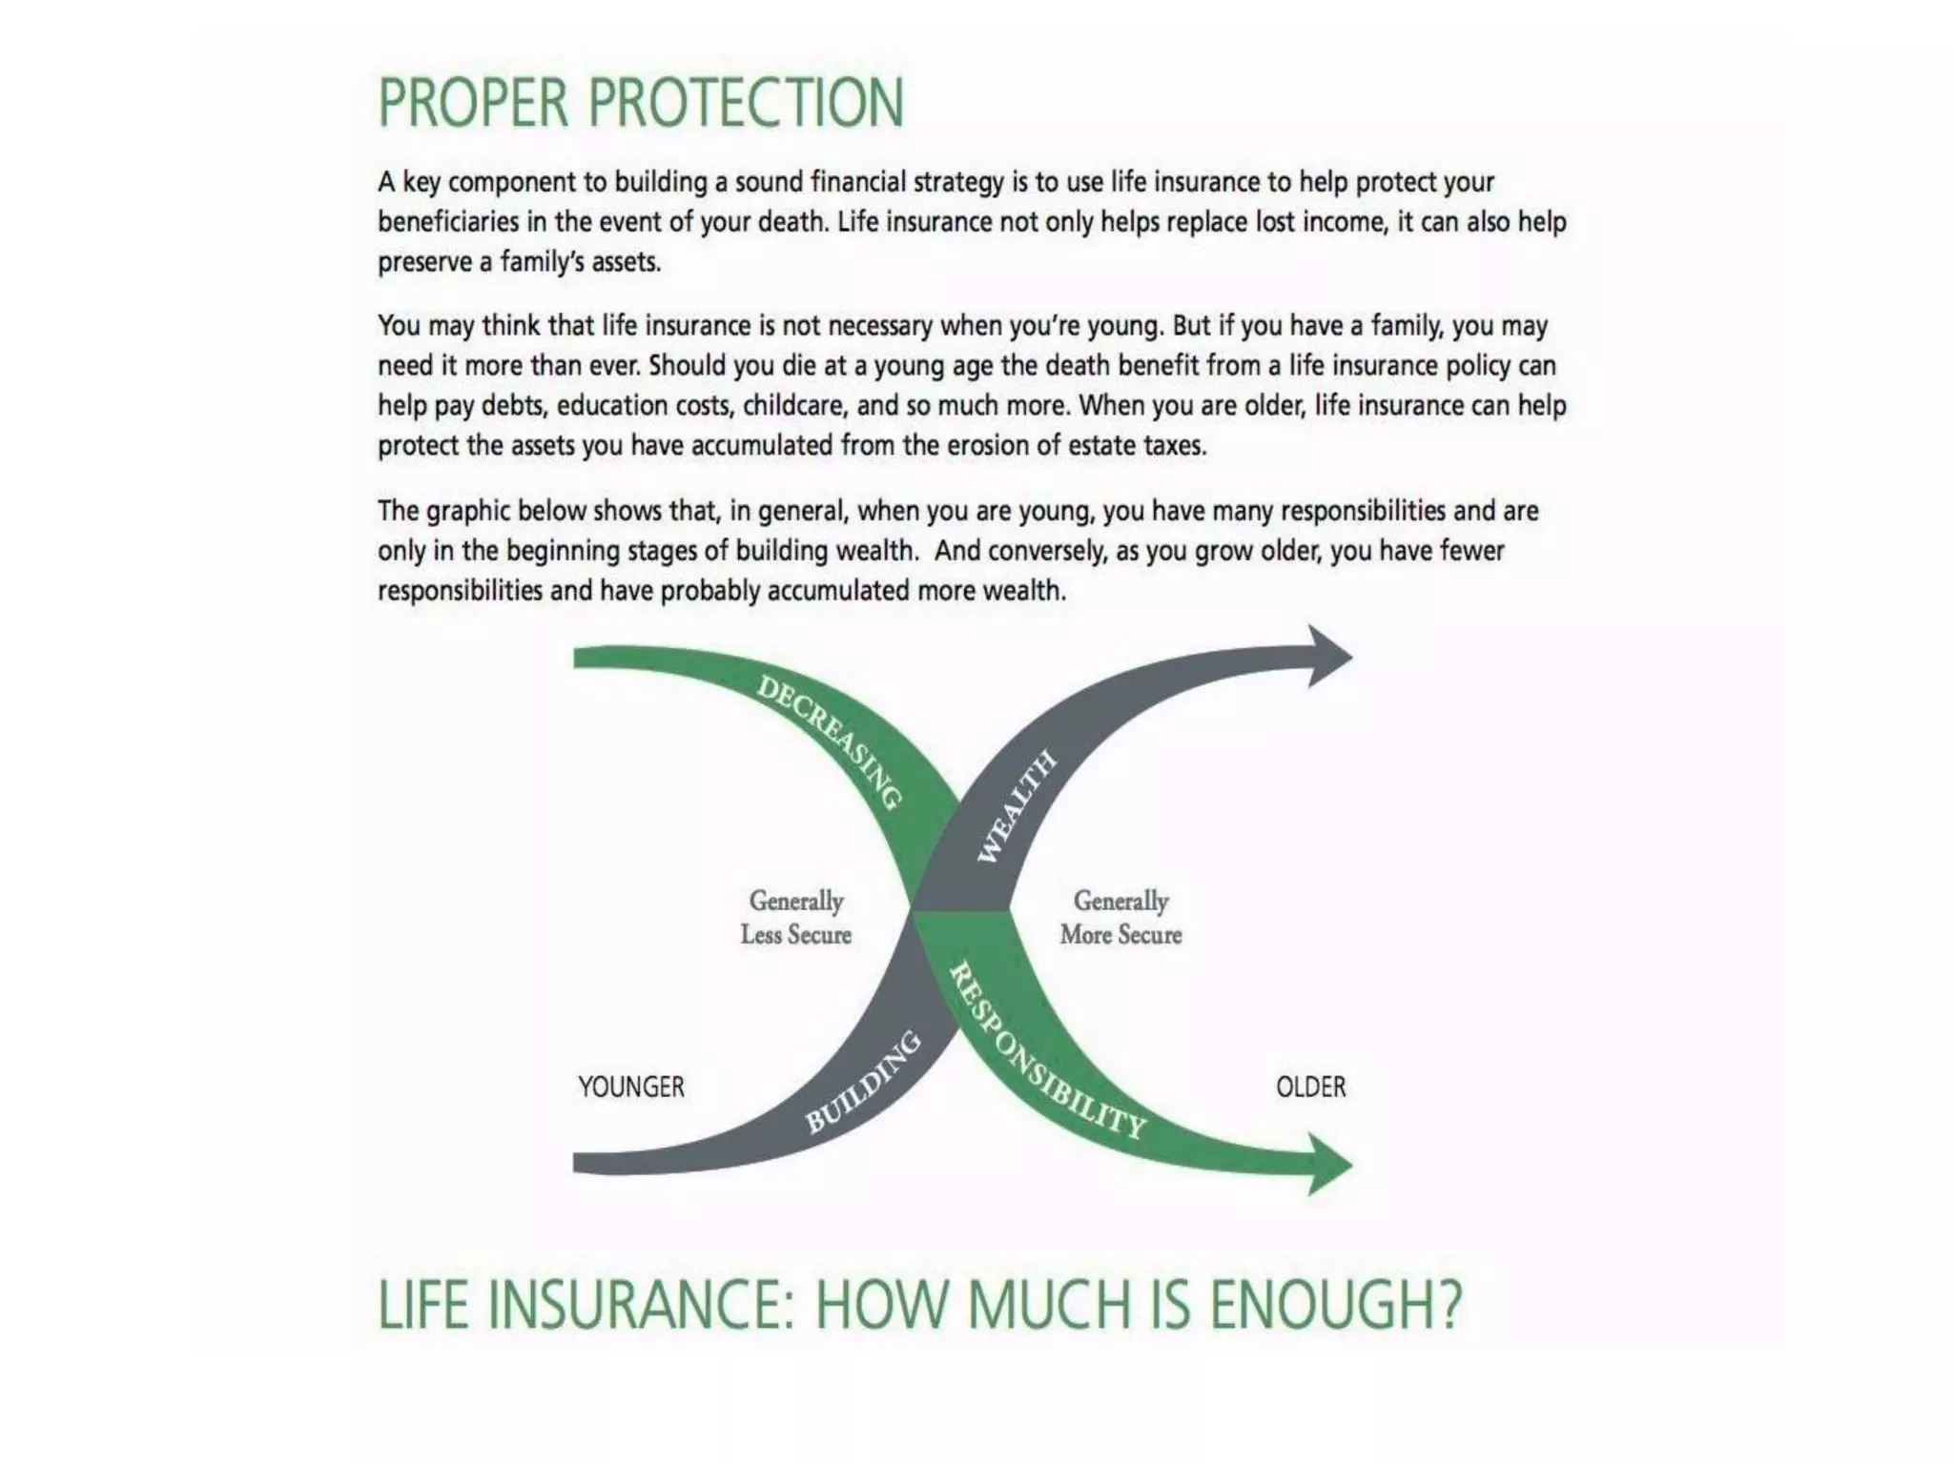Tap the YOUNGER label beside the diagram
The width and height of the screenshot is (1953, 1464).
pyautogui.click(x=630, y=1087)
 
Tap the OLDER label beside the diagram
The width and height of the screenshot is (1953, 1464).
pyautogui.click(x=1310, y=1087)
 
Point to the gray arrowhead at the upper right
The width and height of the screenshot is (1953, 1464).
pyautogui.click(x=1327, y=656)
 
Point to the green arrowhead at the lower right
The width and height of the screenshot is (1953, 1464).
pyautogui.click(x=1327, y=1164)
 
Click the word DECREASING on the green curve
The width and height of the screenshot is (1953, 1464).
pyautogui.click(x=829, y=742)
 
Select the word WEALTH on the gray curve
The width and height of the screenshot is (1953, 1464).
pyautogui.click(x=1017, y=806)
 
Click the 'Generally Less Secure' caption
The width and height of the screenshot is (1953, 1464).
pyautogui.click(x=795, y=917)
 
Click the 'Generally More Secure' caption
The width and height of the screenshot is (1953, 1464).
pyautogui.click(x=1120, y=917)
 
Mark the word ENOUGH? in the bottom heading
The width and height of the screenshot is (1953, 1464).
pyautogui.click(x=1335, y=1305)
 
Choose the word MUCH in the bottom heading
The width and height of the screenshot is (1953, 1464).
pyautogui.click(x=1049, y=1305)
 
